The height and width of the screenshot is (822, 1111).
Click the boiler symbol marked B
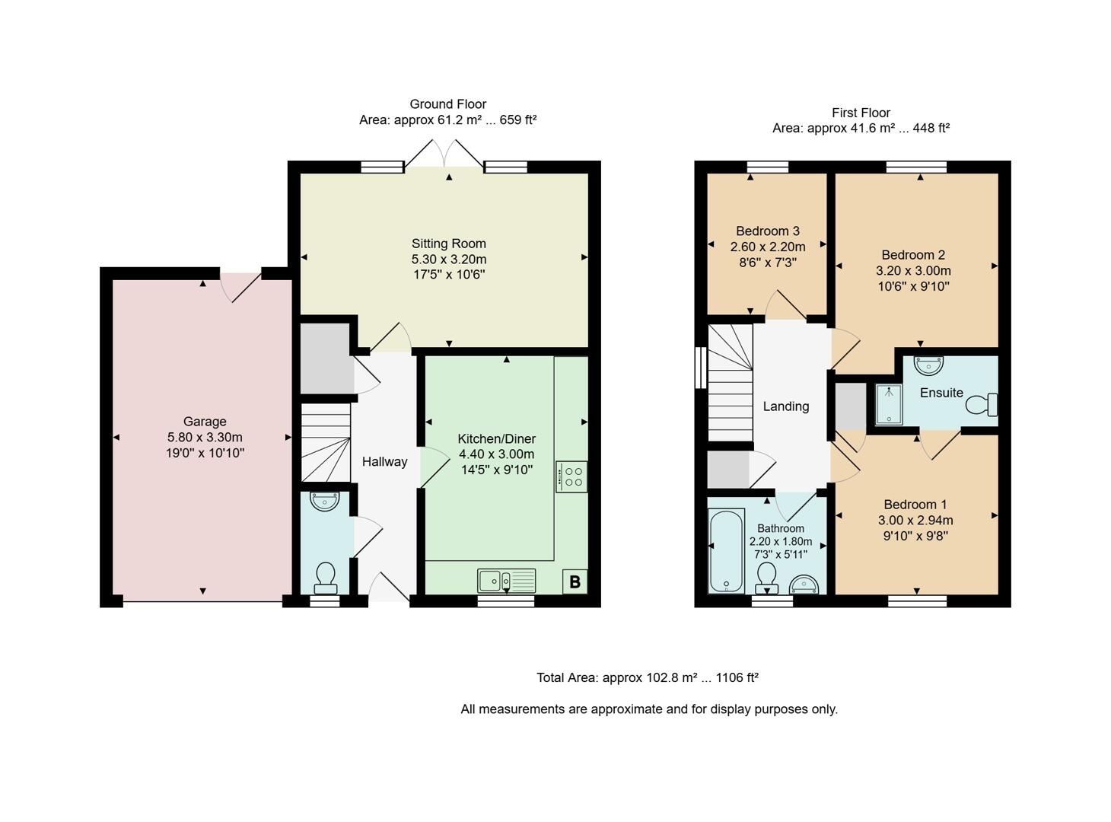click(575, 582)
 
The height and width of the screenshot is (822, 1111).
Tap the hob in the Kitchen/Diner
click(571, 476)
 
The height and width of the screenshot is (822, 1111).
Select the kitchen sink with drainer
click(506, 581)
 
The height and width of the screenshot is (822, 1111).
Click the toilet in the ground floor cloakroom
click(326, 578)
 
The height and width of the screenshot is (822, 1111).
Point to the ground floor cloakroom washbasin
click(325, 502)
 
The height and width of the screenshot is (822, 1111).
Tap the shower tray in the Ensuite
click(888, 404)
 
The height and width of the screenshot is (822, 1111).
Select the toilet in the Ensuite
click(982, 404)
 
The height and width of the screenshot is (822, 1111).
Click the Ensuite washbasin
click(928, 366)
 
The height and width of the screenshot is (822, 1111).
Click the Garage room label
click(205, 422)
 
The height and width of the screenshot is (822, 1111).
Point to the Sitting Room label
click(448, 244)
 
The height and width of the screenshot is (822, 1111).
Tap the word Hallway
click(384, 462)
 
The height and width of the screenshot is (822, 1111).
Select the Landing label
click(785, 406)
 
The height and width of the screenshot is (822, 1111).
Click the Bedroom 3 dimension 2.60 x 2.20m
click(767, 247)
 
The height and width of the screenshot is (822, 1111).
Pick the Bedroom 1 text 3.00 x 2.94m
click(915, 521)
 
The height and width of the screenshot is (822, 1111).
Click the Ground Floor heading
click(447, 104)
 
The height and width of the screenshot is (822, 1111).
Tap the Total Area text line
click(648, 677)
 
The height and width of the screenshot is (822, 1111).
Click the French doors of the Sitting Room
click(444, 153)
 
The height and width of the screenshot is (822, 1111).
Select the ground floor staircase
click(326, 443)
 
